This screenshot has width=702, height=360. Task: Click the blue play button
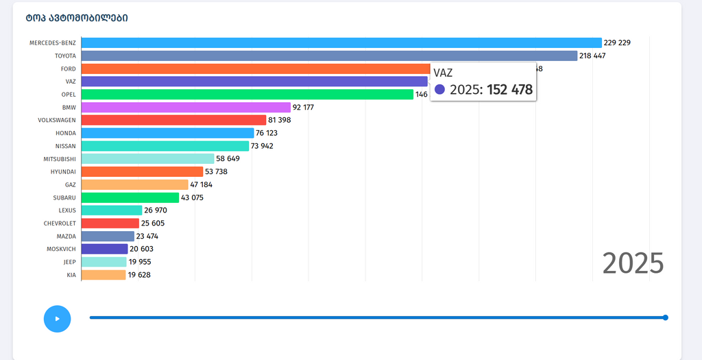(x=57, y=319)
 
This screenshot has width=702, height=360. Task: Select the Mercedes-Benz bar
(x=341, y=43)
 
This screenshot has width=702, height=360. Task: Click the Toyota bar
(x=329, y=56)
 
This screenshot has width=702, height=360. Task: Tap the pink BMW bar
(x=186, y=107)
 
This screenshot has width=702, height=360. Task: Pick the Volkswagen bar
(x=173, y=120)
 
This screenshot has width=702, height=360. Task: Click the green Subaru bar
(x=130, y=197)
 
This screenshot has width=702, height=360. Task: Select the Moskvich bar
(x=104, y=249)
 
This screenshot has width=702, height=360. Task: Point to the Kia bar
(x=104, y=275)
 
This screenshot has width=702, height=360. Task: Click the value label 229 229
(x=617, y=43)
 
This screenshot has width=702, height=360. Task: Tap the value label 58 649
(x=228, y=158)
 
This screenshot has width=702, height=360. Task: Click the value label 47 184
(x=202, y=184)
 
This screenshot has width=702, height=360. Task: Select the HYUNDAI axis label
(x=63, y=171)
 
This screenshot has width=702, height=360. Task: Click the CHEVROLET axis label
(x=60, y=223)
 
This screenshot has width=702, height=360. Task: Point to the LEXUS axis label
(x=67, y=211)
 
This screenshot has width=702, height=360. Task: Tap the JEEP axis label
(x=69, y=262)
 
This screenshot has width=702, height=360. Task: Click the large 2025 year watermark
(x=633, y=263)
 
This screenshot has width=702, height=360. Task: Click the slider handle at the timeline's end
(x=665, y=317)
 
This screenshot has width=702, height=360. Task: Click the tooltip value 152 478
(x=509, y=90)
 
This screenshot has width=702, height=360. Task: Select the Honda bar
(x=167, y=133)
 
